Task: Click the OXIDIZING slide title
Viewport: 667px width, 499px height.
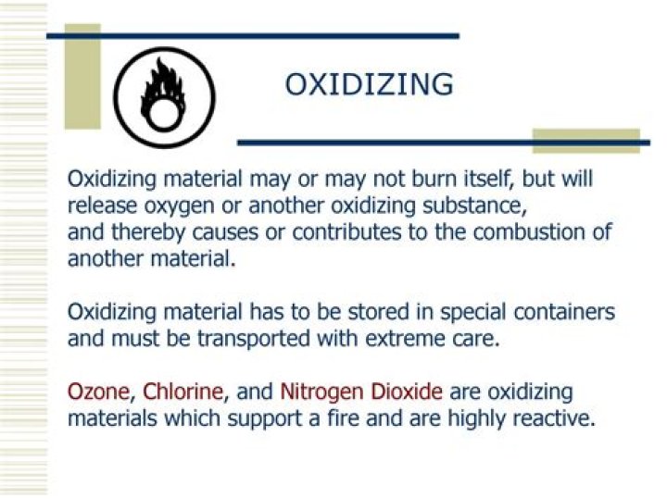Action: (x=369, y=84)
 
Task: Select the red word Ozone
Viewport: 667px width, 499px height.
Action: (x=98, y=392)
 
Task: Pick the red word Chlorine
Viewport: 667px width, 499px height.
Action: (x=182, y=391)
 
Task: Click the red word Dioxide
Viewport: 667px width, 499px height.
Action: (x=407, y=391)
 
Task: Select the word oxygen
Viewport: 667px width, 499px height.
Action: (x=179, y=207)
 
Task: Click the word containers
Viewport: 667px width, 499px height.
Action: (x=564, y=312)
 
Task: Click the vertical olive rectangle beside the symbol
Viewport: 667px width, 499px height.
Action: (x=82, y=77)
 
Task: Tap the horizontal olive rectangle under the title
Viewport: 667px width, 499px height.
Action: (x=586, y=141)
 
